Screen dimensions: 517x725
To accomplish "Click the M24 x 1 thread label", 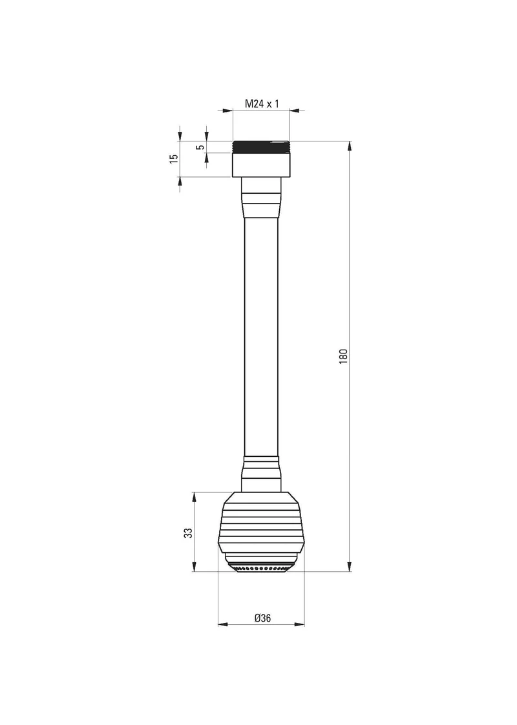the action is click(x=262, y=103).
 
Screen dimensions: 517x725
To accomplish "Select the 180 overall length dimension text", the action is click(x=343, y=356).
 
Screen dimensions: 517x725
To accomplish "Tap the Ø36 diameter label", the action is click(x=262, y=618).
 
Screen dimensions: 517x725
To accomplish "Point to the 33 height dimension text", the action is click(x=188, y=532).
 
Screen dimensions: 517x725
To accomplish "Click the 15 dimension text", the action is click(x=173, y=158).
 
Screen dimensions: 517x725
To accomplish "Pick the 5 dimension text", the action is click(x=200, y=147).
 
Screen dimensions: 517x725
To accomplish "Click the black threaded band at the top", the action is click(x=261, y=147).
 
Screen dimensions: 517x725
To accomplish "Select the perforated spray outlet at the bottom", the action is click(x=262, y=567).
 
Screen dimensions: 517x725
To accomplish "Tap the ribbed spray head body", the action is click(x=262, y=523).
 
